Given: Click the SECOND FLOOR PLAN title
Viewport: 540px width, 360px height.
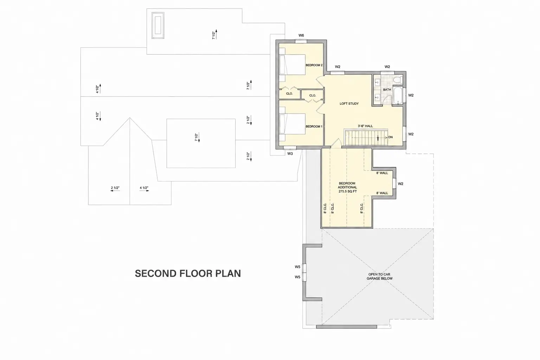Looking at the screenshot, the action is (x=188, y=274).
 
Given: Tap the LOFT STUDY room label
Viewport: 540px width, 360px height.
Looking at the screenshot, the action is (x=349, y=104).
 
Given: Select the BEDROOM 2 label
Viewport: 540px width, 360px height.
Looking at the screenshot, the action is (x=314, y=65).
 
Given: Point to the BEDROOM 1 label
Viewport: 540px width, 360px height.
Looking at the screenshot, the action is (x=314, y=126).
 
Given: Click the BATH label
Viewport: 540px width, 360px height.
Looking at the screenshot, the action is (x=387, y=90).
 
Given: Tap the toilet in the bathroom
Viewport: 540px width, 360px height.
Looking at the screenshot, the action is (x=398, y=79).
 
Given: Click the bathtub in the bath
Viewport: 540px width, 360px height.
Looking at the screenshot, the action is (x=398, y=96).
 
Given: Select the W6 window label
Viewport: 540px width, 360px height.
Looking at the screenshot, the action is (x=301, y=36).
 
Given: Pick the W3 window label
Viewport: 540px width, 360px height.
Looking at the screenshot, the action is (x=290, y=154).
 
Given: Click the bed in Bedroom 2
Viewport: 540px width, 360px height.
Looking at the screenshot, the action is (x=292, y=65).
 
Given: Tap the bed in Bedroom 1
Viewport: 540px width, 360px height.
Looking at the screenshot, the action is (x=292, y=124).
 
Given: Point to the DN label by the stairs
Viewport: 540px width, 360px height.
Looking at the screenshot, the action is (x=391, y=137).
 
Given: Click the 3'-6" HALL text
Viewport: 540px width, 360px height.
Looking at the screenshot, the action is (x=365, y=126).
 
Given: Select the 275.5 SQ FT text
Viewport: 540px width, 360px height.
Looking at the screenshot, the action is (x=348, y=192).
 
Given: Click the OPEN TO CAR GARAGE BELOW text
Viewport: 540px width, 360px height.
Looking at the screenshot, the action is (x=379, y=276).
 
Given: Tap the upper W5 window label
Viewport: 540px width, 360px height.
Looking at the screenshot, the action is (x=297, y=267).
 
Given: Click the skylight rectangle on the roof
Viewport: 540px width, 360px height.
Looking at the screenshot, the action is (x=158, y=25).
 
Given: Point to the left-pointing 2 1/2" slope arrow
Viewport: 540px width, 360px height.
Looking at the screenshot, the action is (x=115, y=191).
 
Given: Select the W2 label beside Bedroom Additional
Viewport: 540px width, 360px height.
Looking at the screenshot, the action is (x=400, y=184).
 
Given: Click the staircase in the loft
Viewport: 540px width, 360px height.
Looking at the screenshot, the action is (x=366, y=137).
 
